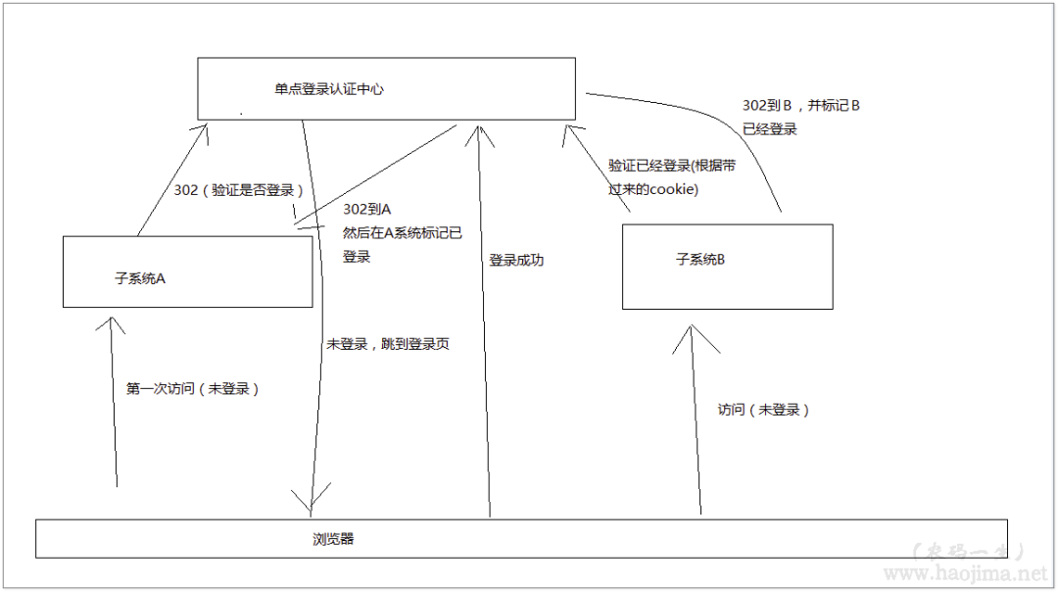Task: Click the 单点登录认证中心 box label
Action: coord(328,89)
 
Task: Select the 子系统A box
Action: coord(188,271)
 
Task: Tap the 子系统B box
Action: coord(727,267)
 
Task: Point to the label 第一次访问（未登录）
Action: coord(193,388)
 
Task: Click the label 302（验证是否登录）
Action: coord(238,189)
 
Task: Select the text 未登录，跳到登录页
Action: coord(388,345)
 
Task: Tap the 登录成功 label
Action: coord(516,261)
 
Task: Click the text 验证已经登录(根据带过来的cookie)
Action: coord(671,177)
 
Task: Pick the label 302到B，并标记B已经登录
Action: coord(800,117)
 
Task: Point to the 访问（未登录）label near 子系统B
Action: coord(764,410)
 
